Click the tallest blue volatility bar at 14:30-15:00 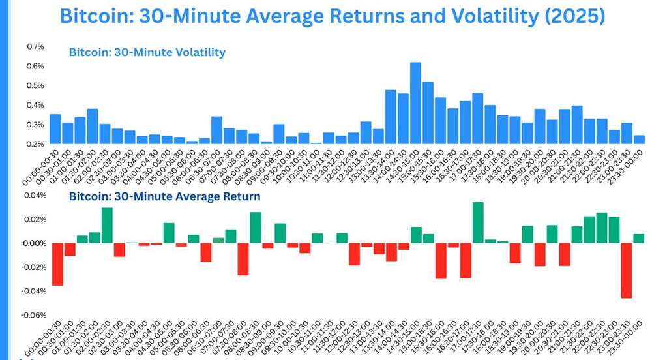(x=415, y=103)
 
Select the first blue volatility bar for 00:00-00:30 (x=55, y=129)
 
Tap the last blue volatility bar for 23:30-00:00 (x=639, y=140)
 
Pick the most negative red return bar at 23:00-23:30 (x=627, y=271)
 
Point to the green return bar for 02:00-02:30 (x=107, y=226)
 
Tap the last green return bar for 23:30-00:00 (x=639, y=239)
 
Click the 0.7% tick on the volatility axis (x=35, y=47)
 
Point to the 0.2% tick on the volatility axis (x=35, y=144)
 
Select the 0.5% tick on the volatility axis (x=35, y=86)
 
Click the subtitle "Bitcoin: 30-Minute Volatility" (x=147, y=52)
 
